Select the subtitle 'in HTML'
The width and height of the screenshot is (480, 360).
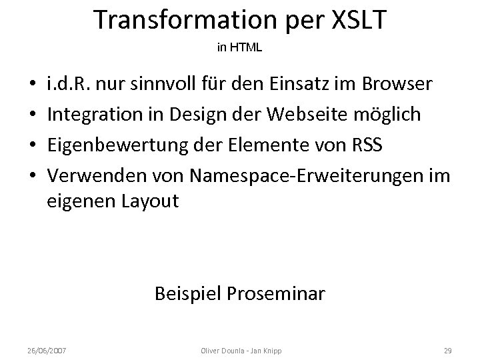click(x=240, y=48)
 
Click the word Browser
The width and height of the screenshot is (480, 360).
click(x=398, y=86)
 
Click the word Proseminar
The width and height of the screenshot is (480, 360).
click(x=281, y=293)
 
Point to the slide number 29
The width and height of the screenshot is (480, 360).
click(x=447, y=350)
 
